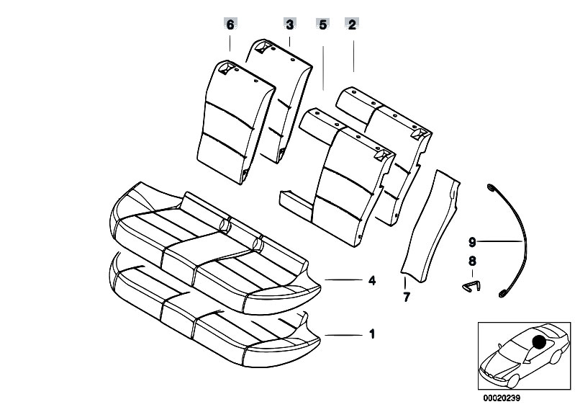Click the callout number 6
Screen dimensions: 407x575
click(230, 24)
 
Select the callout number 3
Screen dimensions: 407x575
click(289, 24)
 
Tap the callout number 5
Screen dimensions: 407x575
click(322, 24)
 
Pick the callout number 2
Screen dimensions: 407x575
click(353, 24)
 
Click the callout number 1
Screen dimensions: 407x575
click(372, 334)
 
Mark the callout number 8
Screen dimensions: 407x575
click(472, 263)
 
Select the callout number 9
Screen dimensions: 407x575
click(472, 241)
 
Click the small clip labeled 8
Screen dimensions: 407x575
click(468, 286)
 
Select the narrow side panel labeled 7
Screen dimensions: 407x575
click(430, 223)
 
